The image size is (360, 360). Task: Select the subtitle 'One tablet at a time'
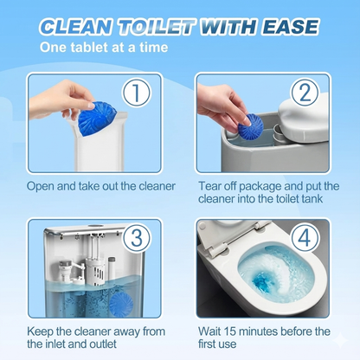(102, 47)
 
